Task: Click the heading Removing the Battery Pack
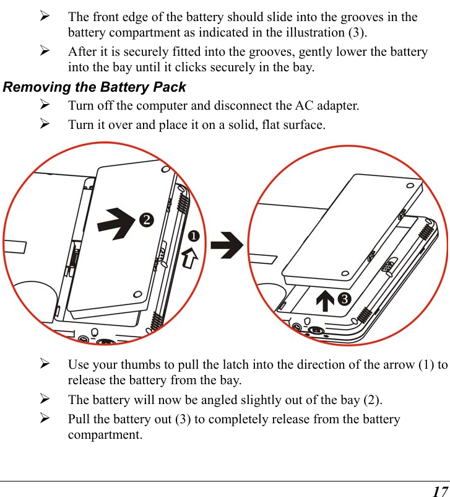coord(95,87)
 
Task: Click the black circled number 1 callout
coord(194,237)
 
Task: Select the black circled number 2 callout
coord(145,219)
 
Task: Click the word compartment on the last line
coord(105,434)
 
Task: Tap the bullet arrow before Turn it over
coord(45,125)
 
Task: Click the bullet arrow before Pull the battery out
coord(45,419)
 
